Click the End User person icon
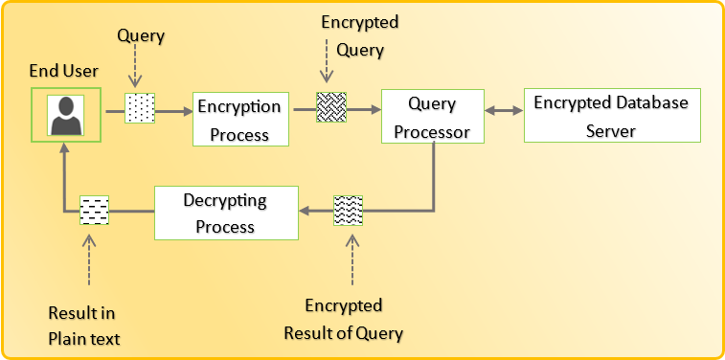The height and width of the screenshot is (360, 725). click(66, 115)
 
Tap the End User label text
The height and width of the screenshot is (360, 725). click(64, 71)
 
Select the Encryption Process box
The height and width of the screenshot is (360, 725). click(240, 120)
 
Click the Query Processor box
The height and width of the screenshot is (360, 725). click(432, 117)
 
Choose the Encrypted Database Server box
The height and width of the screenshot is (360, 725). click(612, 116)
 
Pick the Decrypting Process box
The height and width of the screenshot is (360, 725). click(226, 214)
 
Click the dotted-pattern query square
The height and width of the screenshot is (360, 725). click(140, 108)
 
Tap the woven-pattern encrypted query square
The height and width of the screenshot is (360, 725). click(331, 107)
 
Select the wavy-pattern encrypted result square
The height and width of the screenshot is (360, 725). click(349, 211)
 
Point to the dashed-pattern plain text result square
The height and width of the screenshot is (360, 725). click(94, 211)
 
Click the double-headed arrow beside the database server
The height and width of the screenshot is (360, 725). click(504, 111)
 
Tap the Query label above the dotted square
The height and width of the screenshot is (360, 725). click(141, 36)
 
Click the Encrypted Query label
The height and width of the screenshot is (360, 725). click(360, 36)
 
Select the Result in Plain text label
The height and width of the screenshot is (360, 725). click(84, 326)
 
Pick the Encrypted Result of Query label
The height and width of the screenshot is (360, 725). click(344, 320)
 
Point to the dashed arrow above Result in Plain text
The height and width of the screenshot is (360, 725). click(89, 259)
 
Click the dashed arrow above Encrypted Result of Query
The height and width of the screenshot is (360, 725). click(352, 259)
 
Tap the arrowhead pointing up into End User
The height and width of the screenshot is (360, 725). click(64, 147)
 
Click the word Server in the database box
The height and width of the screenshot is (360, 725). click(611, 130)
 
